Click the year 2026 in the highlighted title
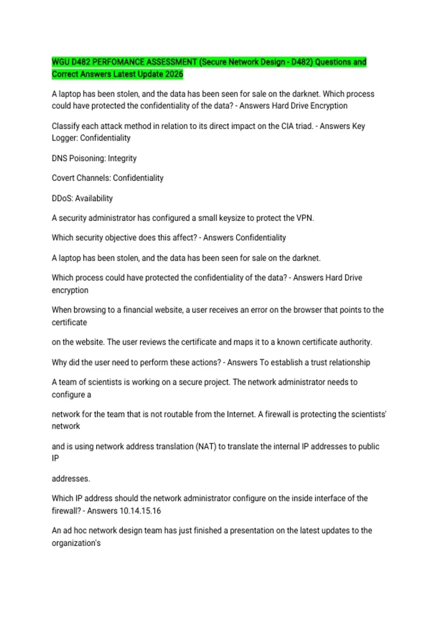click(174, 74)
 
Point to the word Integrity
click(122, 158)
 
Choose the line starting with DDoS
click(82, 198)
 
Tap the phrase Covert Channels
click(81, 178)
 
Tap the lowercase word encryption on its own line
click(70, 290)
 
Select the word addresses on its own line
click(71, 479)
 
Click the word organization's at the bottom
click(76, 543)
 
